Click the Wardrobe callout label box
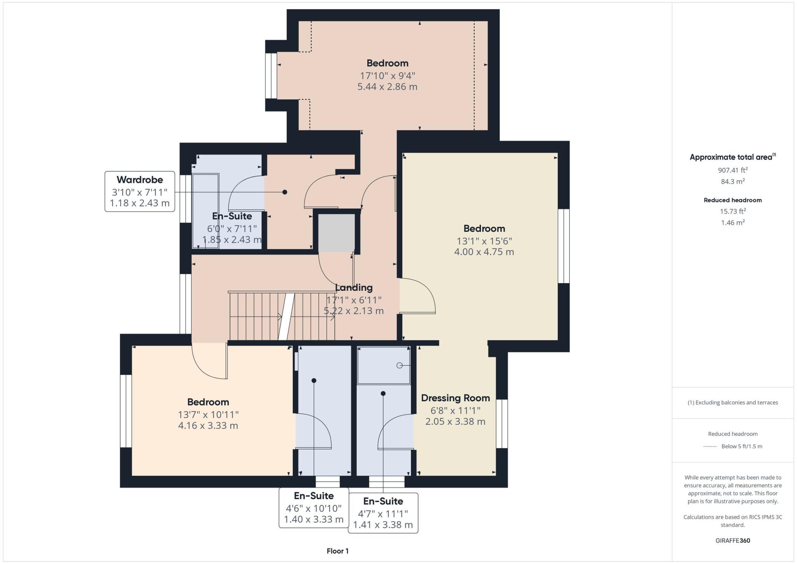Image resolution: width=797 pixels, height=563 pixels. click(x=140, y=191)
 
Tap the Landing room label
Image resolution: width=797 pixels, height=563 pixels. click(x=354, y=288)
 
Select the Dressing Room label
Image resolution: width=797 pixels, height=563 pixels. click(x=455, y=398)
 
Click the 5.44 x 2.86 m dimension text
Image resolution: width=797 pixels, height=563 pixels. click(x=387, y=87)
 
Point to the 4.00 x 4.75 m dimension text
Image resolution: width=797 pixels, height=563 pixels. click(x=484, y=252)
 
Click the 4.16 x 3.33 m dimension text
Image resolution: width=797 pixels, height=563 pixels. click(x=208, y=426)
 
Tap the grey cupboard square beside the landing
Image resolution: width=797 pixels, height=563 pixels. click(x=337, y=233)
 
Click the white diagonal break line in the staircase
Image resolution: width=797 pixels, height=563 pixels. click(x=286, y=316)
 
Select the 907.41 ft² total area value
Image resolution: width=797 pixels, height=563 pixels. click(x=732, y=170)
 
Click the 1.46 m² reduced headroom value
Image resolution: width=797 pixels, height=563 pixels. click(x=732, y=223)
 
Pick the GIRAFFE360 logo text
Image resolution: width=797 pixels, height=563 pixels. click(x=732, y=540)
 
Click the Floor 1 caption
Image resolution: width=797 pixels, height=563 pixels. click(x=337, y=551)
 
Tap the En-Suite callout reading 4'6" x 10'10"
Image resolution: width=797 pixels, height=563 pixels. click(x=314, y=508)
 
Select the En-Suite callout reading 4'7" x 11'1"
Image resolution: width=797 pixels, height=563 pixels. click(x=383, y=513)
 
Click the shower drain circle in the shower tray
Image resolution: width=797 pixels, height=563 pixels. click(x=399, y=365)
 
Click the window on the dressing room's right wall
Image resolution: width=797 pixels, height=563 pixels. click(x=502, y=424)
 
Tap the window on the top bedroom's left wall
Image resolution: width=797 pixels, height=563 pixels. click(x=271, y=76)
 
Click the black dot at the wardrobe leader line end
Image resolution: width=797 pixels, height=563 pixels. click(x=285, y=192)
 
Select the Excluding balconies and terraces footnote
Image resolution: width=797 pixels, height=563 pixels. click(x=732, y=403)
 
